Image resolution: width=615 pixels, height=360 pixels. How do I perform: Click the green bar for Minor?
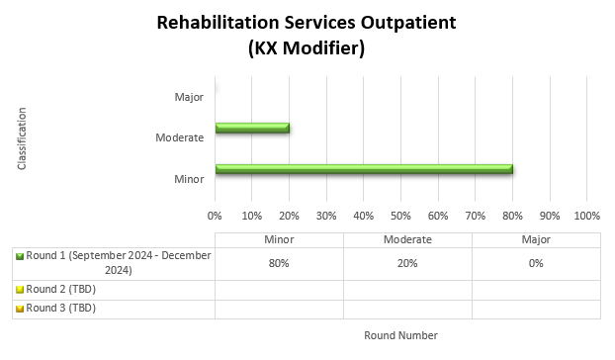click(x=363, y=169)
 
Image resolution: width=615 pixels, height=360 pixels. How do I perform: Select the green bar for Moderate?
click(x=252, y=128)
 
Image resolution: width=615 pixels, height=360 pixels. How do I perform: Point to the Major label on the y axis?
click(x=188, y=97)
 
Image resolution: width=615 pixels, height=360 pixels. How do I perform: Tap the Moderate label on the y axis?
click(x=180, y=137)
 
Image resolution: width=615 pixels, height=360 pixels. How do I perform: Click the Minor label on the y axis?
click(x=188, y=179)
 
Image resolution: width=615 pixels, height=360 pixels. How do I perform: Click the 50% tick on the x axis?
click(x=400, y=215)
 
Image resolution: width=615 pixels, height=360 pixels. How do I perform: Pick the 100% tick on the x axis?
click(x=586, y=215)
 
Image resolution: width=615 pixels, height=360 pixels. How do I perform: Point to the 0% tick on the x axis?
click(x=215, y=215)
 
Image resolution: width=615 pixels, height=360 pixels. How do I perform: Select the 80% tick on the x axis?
click(x=512, y=215)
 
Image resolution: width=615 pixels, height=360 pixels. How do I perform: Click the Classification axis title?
click(x=22, y=138)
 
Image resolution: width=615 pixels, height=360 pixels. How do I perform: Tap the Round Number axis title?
click(x=400, y=335)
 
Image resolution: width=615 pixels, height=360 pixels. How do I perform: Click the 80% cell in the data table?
click(x=279, y=263)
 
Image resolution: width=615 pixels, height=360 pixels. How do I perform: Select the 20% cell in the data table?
click(x=407, y=263)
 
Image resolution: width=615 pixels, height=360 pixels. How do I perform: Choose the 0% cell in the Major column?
click(x=536, y=263)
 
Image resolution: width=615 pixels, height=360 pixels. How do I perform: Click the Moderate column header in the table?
click(x=407, y=239)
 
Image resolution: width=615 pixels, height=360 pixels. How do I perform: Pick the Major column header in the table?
click(x=536, y=239)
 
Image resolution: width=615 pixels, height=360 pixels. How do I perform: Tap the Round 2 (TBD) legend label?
click(x=61, y=290)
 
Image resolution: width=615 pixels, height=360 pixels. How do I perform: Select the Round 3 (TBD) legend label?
click(x=61, y=308)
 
